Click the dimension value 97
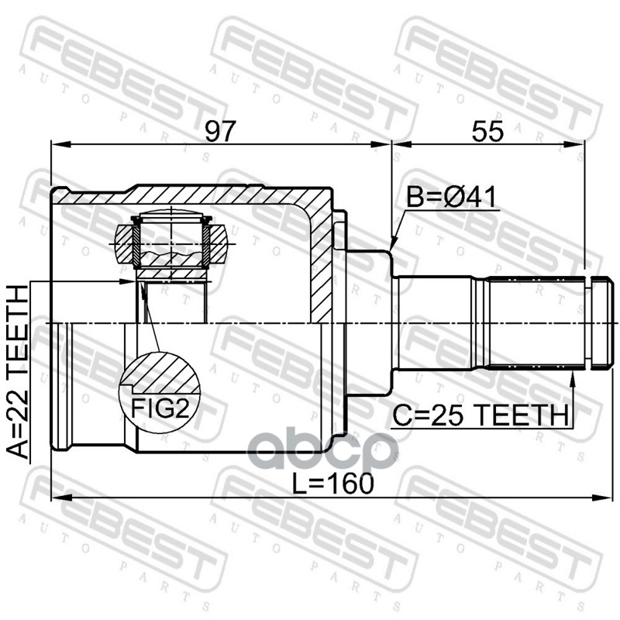pos(220,131)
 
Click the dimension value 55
pos(488,131)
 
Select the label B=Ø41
pos(451,198)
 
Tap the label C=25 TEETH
pos(480,415)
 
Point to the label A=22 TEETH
pos(18,372)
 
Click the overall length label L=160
pos(333,483)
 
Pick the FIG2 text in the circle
pos(160,408)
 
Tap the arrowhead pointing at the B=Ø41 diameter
pos(394,242)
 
